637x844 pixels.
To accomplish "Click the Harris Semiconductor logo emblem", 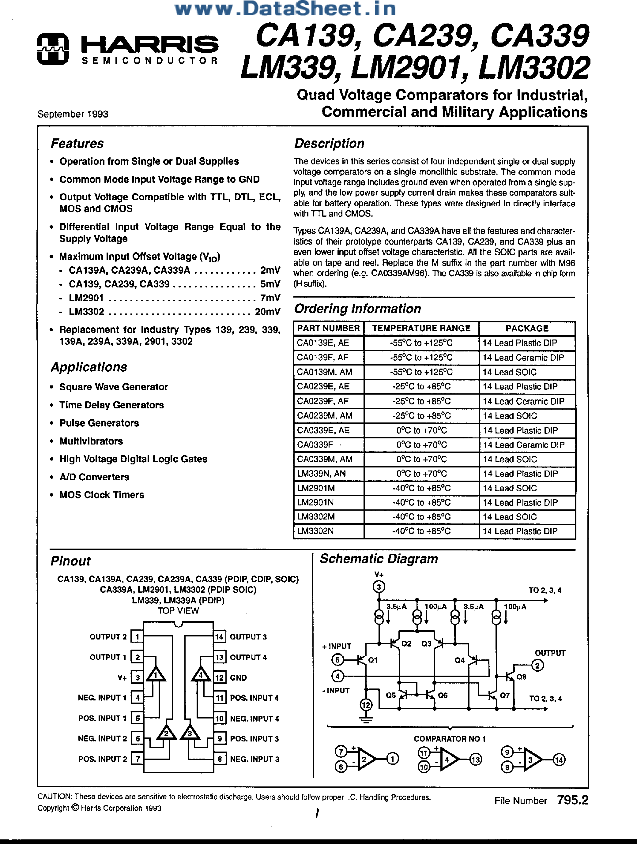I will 53,49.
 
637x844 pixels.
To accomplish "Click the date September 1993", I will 73,114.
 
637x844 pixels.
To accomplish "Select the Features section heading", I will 77,144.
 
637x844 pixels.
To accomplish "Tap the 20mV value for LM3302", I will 267,312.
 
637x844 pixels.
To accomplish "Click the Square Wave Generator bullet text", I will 113,387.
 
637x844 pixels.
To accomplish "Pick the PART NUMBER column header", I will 328,328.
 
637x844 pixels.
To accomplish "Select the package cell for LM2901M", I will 510,488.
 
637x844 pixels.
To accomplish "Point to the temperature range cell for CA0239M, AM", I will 421,416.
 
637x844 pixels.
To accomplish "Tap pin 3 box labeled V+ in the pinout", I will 137,678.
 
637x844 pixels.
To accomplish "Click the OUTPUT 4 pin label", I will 248,658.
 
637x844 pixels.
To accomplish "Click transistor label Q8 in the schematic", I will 521,677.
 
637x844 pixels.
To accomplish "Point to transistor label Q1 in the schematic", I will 373,660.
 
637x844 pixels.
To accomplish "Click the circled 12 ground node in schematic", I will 366,705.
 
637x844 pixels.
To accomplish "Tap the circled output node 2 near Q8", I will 537,666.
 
